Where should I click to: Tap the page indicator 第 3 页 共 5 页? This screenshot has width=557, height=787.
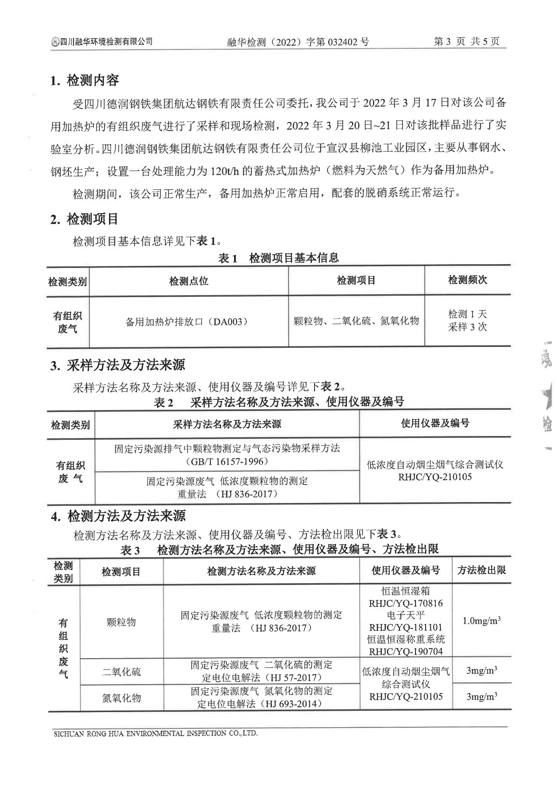click(x=466, y=42)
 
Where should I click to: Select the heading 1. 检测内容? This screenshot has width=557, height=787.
click(x=85, y=80)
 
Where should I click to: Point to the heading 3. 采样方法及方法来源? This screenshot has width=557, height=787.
click(x=117, y=365)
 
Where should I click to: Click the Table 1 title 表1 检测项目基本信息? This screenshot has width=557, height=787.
click(x=278, y=258)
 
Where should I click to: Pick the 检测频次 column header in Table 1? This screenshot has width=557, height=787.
click(x=467, y=280)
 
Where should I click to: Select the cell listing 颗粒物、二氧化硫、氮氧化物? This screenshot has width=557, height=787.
click(x=356, y=321)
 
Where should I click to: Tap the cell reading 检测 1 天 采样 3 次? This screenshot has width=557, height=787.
click(x=467, y=321)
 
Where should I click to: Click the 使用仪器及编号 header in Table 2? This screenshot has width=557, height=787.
click(x=435, y=423)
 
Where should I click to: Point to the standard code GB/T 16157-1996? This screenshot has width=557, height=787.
click(x=227, y=462)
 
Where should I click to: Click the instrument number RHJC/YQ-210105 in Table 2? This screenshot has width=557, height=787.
click(x=435, y=477)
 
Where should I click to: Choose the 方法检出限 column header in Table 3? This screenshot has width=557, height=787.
click(x=481, y=570)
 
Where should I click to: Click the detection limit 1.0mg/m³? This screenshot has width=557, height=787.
click(x=481, y=621)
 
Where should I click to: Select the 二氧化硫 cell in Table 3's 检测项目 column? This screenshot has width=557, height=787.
click(x=121, y=672)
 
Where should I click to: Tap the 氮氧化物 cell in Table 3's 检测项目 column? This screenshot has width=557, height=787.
click(x=121, y=698)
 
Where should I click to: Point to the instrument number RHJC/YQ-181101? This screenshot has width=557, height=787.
click(x=405, y=627)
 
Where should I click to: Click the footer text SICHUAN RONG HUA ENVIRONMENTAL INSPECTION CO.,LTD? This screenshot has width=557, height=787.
click(x=155, y=733)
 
